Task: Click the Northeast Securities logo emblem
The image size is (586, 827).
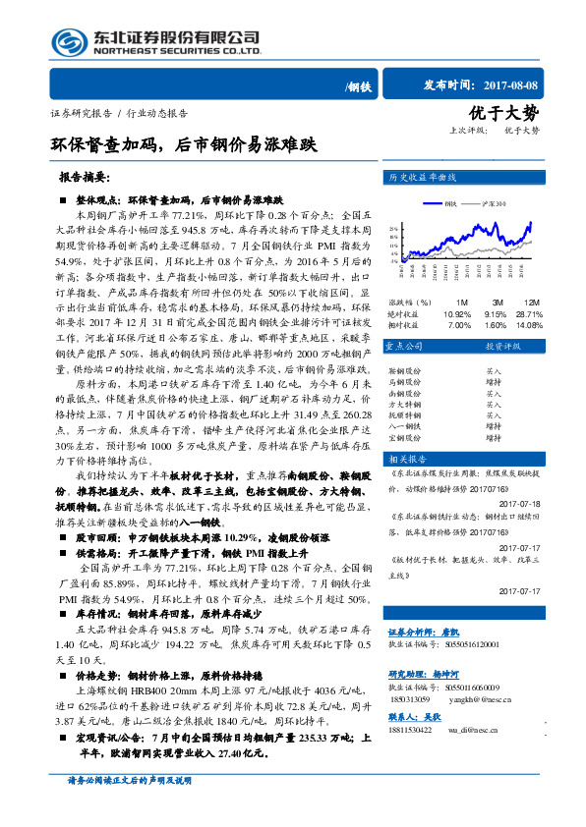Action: coord(66,40)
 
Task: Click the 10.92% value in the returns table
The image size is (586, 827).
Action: coord(431,313)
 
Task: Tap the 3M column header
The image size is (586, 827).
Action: coord(471,302)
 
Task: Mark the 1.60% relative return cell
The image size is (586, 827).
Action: coord(474,324)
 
